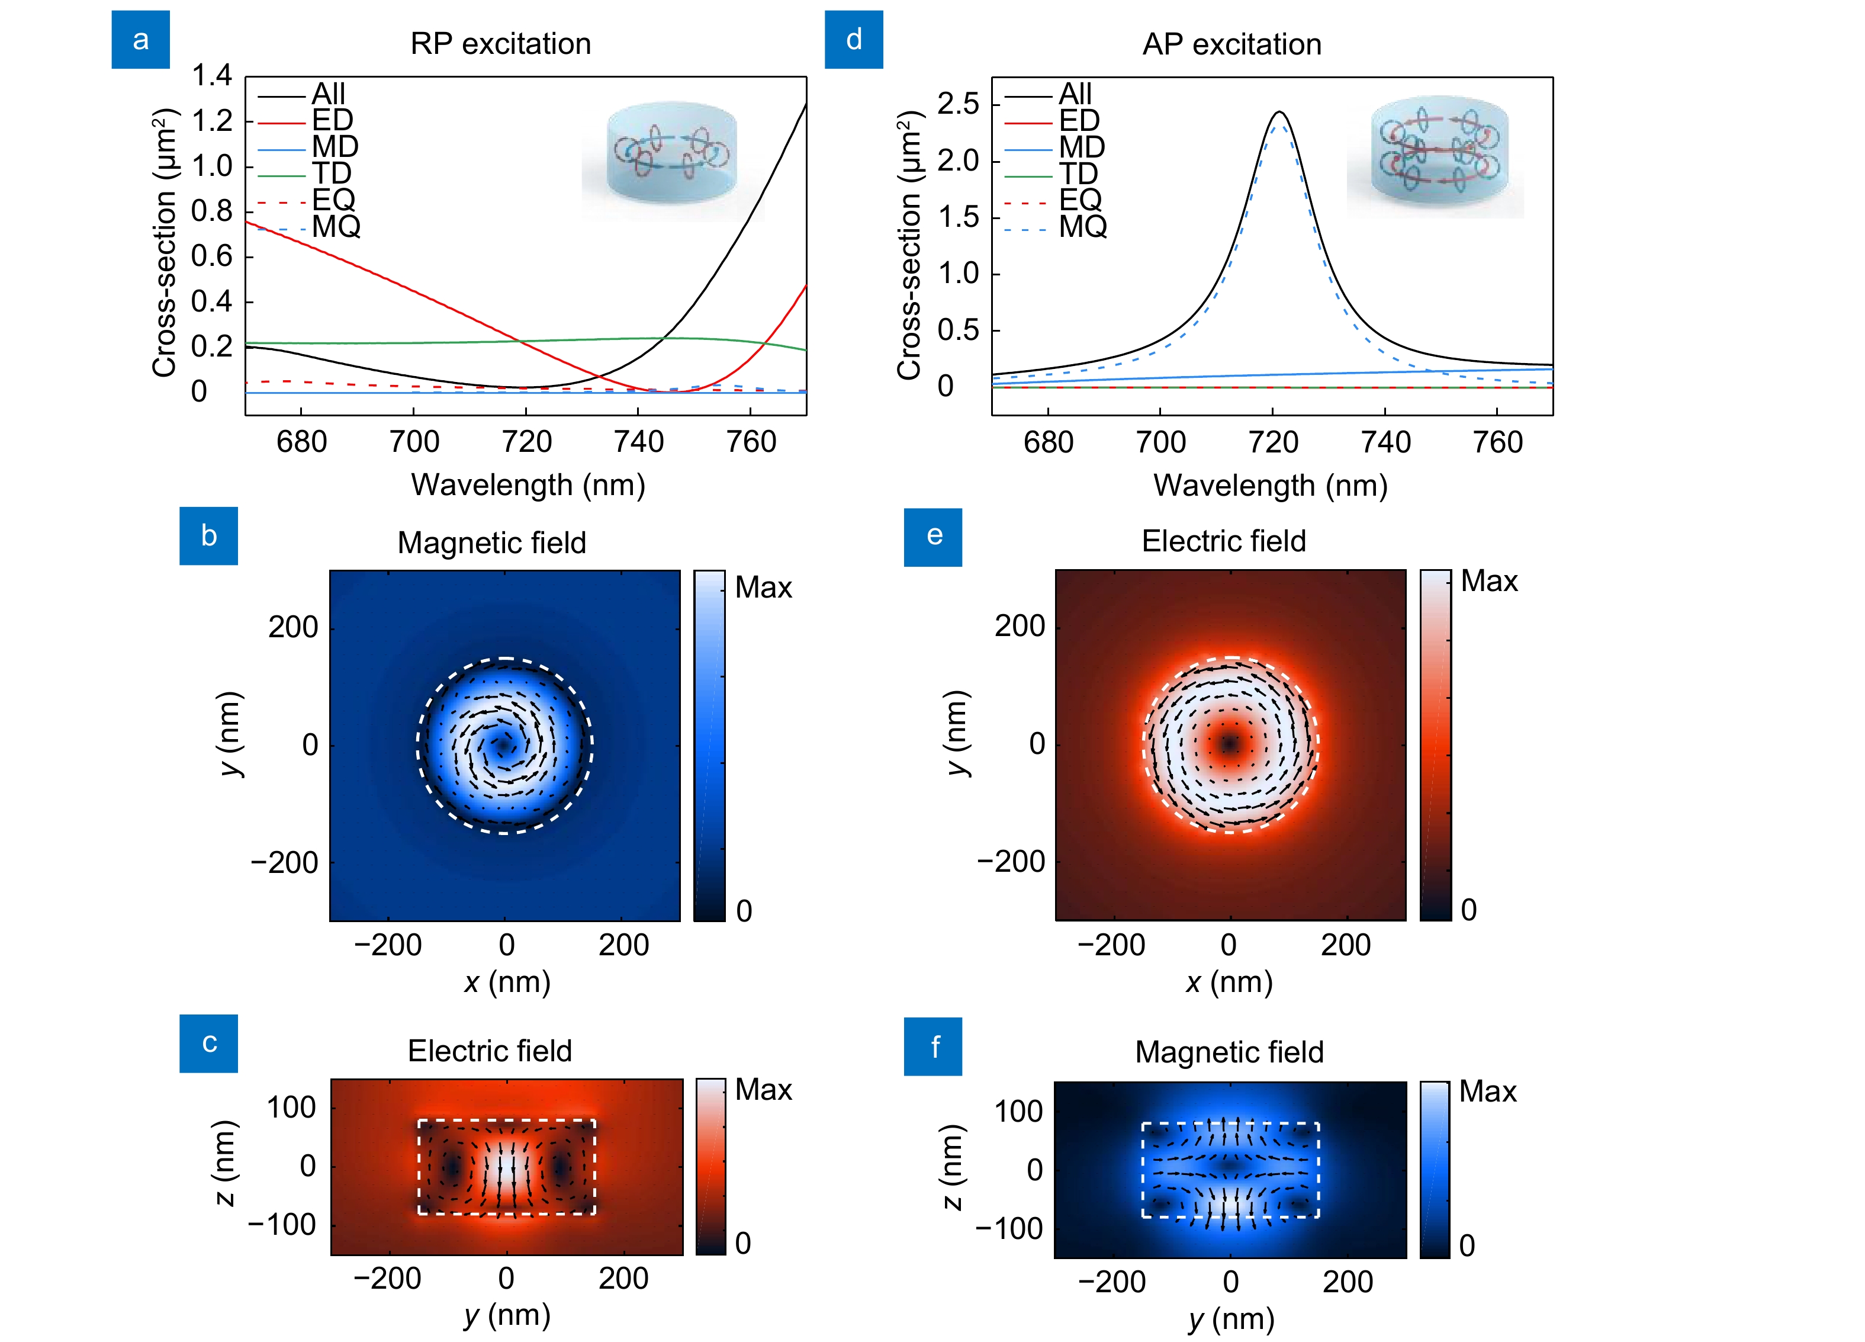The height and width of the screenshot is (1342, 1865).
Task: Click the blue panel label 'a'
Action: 141,40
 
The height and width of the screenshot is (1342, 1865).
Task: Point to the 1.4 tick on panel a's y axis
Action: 211,76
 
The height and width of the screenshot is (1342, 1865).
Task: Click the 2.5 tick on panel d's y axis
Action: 958,104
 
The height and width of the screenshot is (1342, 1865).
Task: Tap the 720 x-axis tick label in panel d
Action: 1272,442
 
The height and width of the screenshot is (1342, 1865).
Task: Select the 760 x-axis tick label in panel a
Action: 751,442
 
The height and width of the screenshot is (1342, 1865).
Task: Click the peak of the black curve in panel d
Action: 1279,112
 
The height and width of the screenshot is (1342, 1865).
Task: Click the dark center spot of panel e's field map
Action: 1229,743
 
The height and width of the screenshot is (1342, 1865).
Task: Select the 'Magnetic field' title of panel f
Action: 1229,1052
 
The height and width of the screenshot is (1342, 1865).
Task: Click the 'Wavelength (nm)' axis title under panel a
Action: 528,484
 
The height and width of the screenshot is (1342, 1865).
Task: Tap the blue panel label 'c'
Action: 209,1043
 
